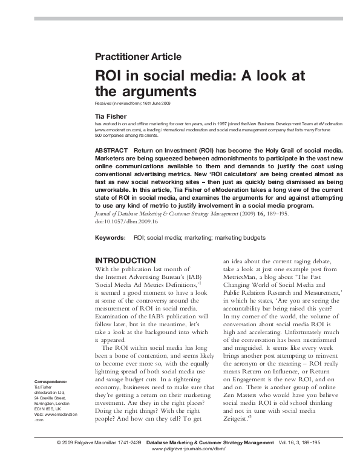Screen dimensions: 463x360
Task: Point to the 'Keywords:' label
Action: point(110,239)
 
